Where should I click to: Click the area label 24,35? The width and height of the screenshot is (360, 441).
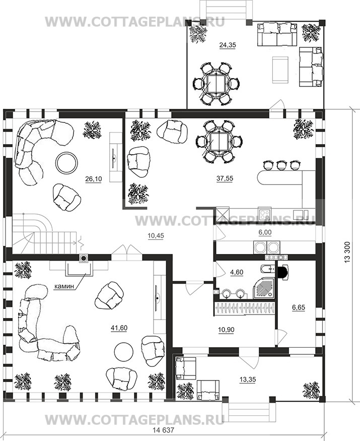228,45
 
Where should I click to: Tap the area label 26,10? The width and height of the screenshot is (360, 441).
94,178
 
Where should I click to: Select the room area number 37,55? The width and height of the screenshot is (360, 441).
225,178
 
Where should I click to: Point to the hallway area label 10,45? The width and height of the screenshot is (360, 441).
156,236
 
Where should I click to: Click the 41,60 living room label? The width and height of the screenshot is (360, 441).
119,328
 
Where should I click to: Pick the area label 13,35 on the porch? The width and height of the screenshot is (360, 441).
248,380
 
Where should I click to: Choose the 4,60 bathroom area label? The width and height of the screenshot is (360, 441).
237,272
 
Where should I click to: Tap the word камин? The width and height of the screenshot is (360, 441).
64,286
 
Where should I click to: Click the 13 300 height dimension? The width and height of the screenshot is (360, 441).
347,253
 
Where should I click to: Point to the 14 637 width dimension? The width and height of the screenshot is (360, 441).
164,430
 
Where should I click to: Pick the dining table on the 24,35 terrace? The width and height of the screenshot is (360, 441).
215,84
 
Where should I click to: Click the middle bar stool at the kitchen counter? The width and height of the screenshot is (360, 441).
281,165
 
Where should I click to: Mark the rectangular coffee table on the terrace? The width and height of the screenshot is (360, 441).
280,70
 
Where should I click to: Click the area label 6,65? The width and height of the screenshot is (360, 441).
299,307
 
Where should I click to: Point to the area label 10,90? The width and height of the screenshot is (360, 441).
226,329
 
